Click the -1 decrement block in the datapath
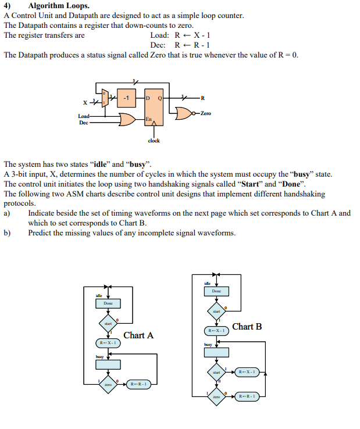tap(127, 98)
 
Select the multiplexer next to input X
tap(105, 99)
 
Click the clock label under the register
tap(154, 140)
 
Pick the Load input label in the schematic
tap(84, 116)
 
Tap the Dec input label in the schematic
tap(84, 123)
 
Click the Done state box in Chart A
tap(108, 303)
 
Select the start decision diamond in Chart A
tap(108, 323)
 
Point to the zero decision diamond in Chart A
tap(108, 384)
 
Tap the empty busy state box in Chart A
tap(108, 364)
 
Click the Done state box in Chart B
tap(216, 291)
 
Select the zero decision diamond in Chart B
tap(216, 396)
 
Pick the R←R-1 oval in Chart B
tap(248, 396)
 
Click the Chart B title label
tap(247, 327)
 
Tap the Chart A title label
tap(138, 335)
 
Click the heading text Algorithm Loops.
tap(59, 6)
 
